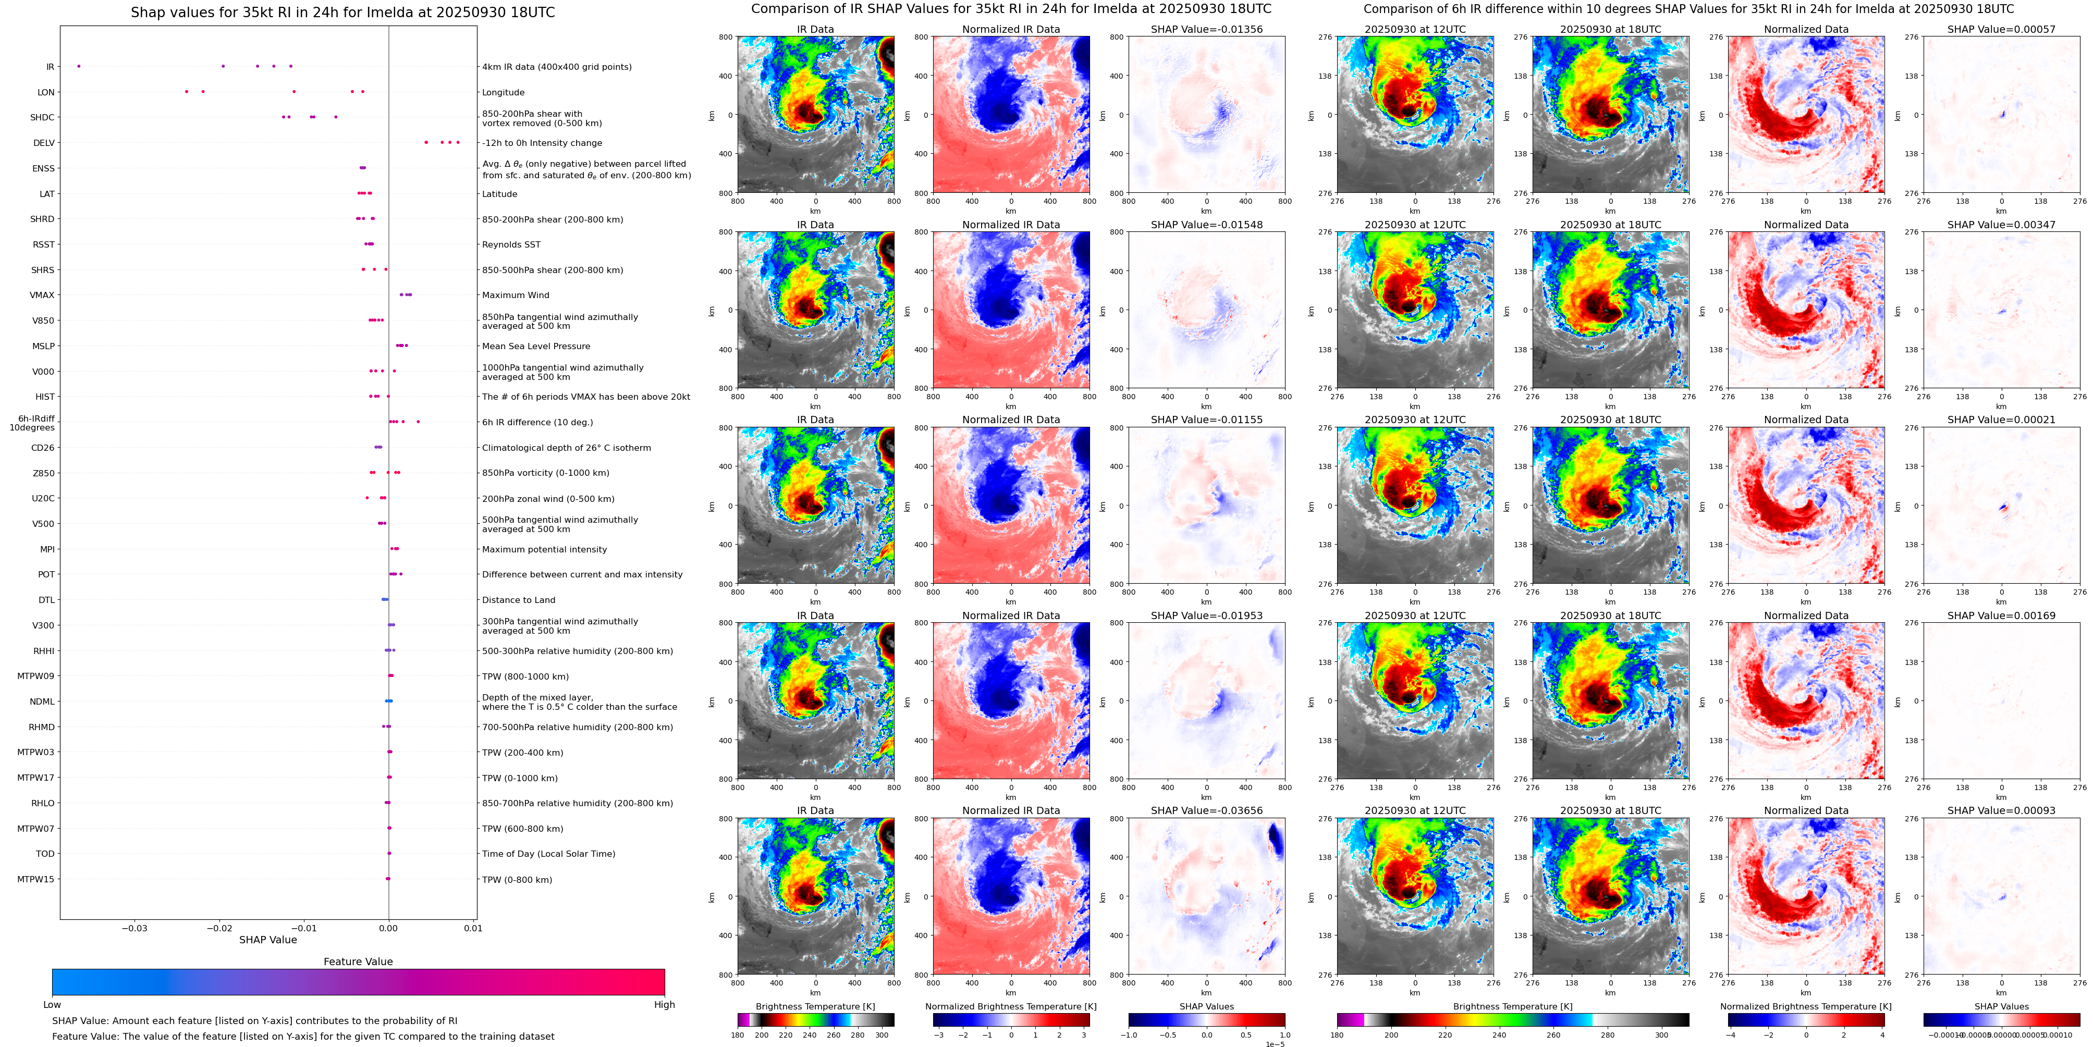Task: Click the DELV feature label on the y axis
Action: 44,143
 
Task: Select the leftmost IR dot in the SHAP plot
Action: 79,67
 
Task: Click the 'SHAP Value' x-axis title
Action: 267,940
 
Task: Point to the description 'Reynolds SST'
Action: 511,244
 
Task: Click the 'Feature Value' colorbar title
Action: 358,962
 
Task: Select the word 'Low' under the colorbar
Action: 52,1005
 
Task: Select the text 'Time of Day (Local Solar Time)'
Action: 548,854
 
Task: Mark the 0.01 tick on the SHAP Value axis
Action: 473,928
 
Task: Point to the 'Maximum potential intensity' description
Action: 544,550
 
